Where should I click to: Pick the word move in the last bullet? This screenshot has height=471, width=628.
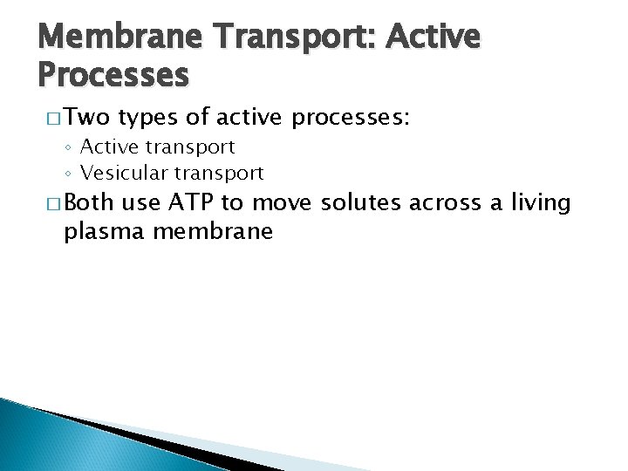coord(286,203)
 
